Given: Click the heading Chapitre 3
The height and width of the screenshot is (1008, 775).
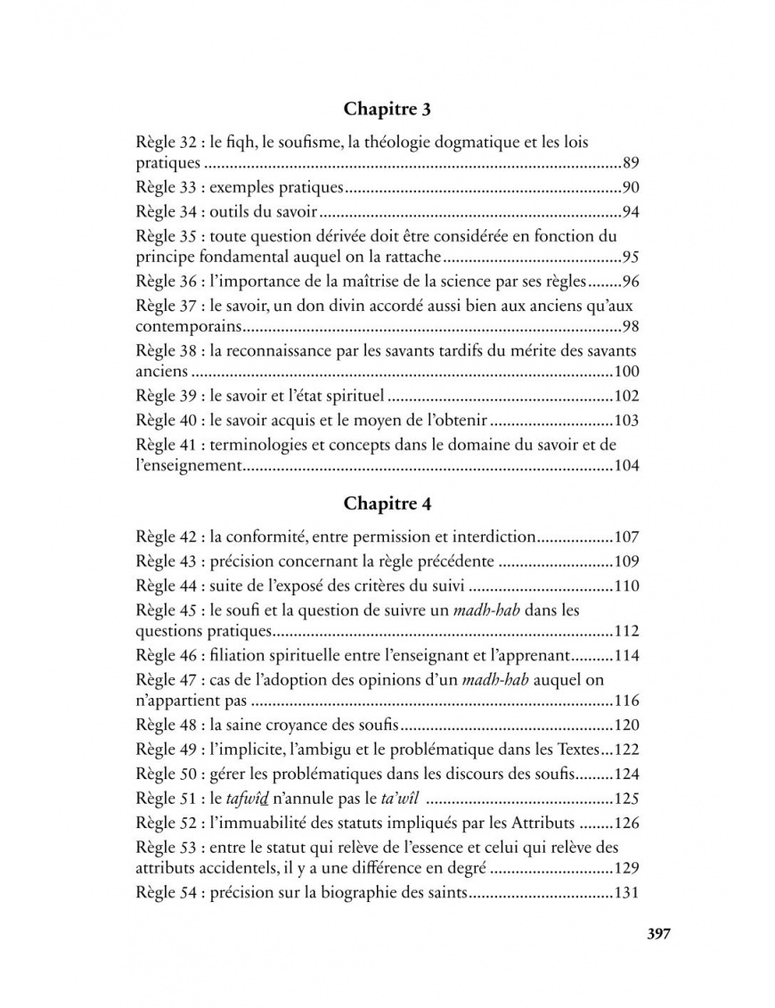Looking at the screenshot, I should tap(387, 110).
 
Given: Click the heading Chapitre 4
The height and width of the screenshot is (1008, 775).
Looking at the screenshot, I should tap(387, 504).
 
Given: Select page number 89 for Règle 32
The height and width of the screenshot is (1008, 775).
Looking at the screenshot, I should tap(632, 164).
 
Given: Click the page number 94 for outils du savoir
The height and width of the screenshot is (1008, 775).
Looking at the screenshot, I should tap(632, 211).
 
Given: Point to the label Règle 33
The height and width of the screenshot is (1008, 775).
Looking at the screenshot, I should tap(166, 188).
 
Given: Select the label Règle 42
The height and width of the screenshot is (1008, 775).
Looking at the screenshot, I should tap(166, 537).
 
